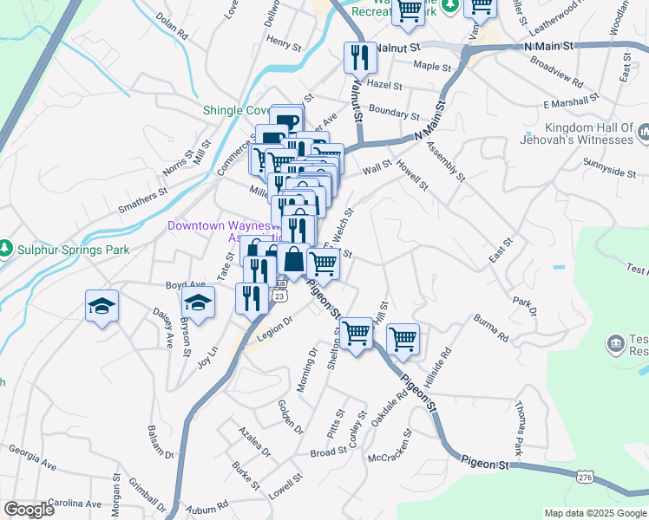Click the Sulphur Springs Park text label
(x=72, y=250)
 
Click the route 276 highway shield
(x=586, y=477)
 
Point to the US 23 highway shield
(x=279, y=296)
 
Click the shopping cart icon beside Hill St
(x=403, y=338)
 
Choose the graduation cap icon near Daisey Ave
(x=102, y=306)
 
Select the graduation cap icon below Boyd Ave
(x=199, y=304)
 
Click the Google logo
(x=29, y=510)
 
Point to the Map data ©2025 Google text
(x=594, y=513)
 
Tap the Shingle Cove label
(x=235, y=110)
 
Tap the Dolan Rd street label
(x=172, y=27)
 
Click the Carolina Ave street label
(x=75, y=504)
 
